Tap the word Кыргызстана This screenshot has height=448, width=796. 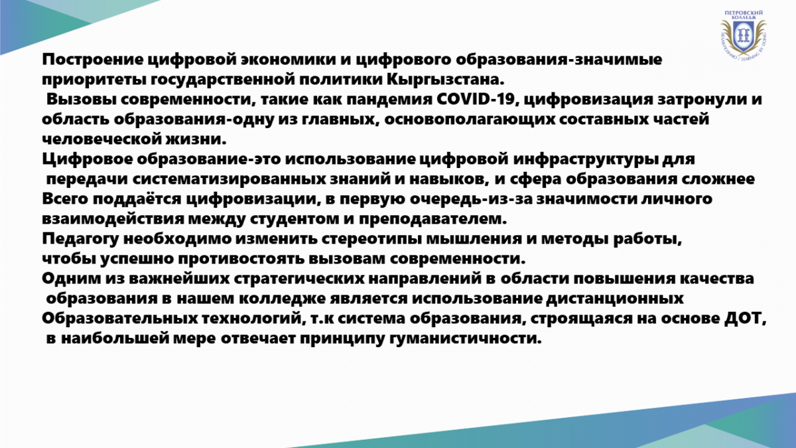pyautogui.click(x=445, y=79)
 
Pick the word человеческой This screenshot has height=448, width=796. pyautogui.click(x=101, y=139)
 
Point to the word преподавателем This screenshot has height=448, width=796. pyautogui.click(x=432, y=219)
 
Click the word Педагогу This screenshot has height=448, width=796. pyautogui.click(x=80, y=239)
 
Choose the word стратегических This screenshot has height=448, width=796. pyautogui.click(x=299, y=279)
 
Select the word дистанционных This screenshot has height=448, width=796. pyautogui.click(x=614, y=299)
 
